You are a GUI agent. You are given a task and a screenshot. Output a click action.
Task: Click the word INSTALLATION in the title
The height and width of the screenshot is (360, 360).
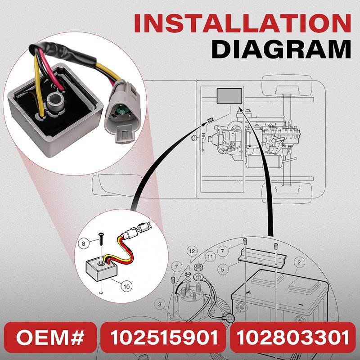pyautogui.click(x=242, y=23)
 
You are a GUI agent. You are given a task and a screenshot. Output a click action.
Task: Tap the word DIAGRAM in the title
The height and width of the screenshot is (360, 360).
pyautogui.click(x=281, y=49)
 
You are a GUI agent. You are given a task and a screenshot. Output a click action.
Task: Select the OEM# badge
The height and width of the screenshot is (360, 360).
pyautogui.click(x=50, y=337)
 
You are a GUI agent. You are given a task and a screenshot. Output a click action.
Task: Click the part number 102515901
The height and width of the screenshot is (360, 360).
pyautogui.click(x=164, y=337)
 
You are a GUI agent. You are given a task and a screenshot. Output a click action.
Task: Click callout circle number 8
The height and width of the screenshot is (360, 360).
pyautogui.click(x=83, y=243)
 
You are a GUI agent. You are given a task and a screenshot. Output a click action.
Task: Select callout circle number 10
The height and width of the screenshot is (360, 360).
pyautogui.click(x=126, y=286)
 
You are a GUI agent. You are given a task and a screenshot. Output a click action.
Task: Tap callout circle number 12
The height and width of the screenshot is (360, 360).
pyautogui.click(x=192, y=251)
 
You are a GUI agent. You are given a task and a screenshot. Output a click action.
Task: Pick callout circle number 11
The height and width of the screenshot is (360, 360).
pyautogui.click(x=210, y=256)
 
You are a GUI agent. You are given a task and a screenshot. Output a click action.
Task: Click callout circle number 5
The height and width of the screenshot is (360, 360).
pyautogui.click(x=222, y=269)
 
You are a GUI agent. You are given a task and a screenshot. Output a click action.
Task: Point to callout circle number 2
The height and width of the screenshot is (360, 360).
pyautogui.click(x=299, y=262)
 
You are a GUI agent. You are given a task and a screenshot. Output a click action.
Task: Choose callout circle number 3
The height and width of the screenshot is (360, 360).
pyautogui.click(x=160, y=305)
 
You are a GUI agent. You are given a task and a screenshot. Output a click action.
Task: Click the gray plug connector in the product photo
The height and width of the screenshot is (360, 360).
pyautogui.click(x=121, y=110)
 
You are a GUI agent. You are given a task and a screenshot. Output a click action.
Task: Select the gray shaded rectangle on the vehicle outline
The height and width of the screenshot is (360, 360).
pyautogui.click(x=229, y=96)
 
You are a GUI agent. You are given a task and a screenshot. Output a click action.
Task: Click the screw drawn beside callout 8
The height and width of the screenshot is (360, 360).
pyautogui.click(x=101, y=239)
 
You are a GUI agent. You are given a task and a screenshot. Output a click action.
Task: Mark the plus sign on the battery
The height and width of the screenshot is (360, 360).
pyautogui.click(x=248, y=293)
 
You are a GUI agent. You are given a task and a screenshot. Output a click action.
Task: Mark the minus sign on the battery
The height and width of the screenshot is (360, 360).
pyautogui.click(x=301, y=305)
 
